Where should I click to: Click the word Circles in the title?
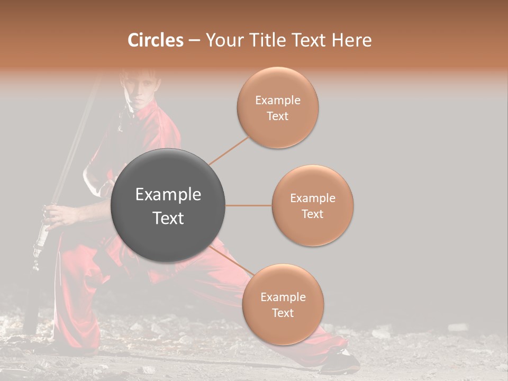155,40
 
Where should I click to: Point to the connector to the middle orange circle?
248,205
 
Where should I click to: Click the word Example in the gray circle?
168,195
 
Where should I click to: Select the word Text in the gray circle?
168,218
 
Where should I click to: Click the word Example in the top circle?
278,100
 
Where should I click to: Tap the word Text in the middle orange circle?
313,214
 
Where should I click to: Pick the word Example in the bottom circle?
283,297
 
